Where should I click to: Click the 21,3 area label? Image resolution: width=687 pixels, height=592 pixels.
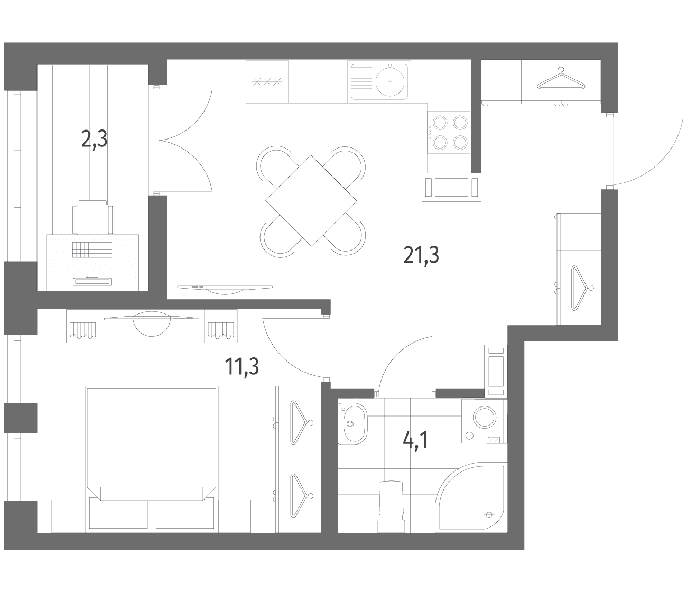(x=421, y=255)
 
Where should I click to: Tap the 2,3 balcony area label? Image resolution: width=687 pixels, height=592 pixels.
(x=95, y=139)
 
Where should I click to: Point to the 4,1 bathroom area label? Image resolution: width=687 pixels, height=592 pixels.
(x=415, y=441)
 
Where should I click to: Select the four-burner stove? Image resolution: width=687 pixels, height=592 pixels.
(x=449, y=132)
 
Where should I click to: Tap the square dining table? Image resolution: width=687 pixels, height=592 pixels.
(x=311, y=200)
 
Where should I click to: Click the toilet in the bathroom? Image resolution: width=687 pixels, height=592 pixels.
(x=391, y=506)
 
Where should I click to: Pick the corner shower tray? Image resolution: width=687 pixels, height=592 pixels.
(x=471, y=497)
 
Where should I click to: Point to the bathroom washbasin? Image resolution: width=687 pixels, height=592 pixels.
(x=353, y=423)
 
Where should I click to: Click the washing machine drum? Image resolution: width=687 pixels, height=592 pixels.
(x=485, y=418)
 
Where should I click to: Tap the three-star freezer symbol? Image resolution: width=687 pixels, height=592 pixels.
(x=267, y=81)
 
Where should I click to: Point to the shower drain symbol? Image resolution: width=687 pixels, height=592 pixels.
(x=489, y=515)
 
